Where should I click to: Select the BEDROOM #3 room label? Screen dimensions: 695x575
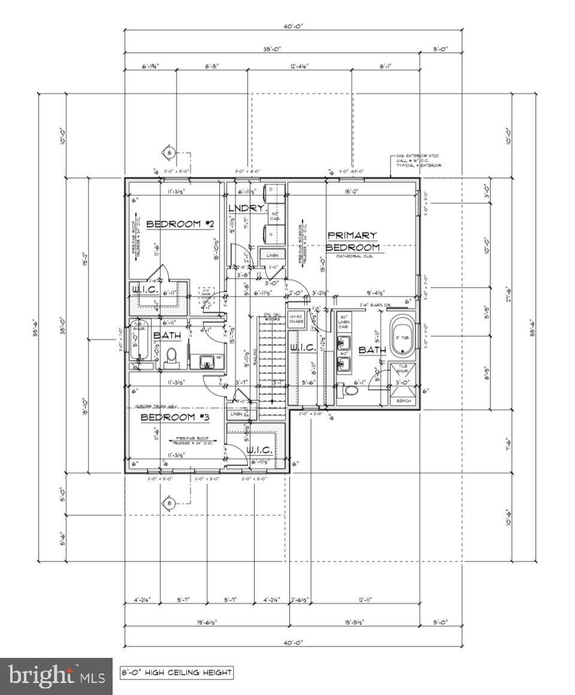point(168,417)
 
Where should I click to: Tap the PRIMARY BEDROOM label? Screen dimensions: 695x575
point(352,241)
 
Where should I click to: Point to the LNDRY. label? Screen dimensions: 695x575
point(246,208)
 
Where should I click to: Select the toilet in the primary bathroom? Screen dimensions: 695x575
point(349,391)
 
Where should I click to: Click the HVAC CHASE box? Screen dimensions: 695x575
point(296,319)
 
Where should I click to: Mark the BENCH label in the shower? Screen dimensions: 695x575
point(403,400)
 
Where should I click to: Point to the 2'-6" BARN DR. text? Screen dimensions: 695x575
point(374,306)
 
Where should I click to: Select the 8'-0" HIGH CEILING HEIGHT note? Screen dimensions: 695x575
point(176,672)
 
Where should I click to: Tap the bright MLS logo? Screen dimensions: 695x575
point(56,676)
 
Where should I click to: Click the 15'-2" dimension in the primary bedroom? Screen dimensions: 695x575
point(352,192)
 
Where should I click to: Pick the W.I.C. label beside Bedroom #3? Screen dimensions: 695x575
point(259,450)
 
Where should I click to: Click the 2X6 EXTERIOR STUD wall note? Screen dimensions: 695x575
point(418,160)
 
